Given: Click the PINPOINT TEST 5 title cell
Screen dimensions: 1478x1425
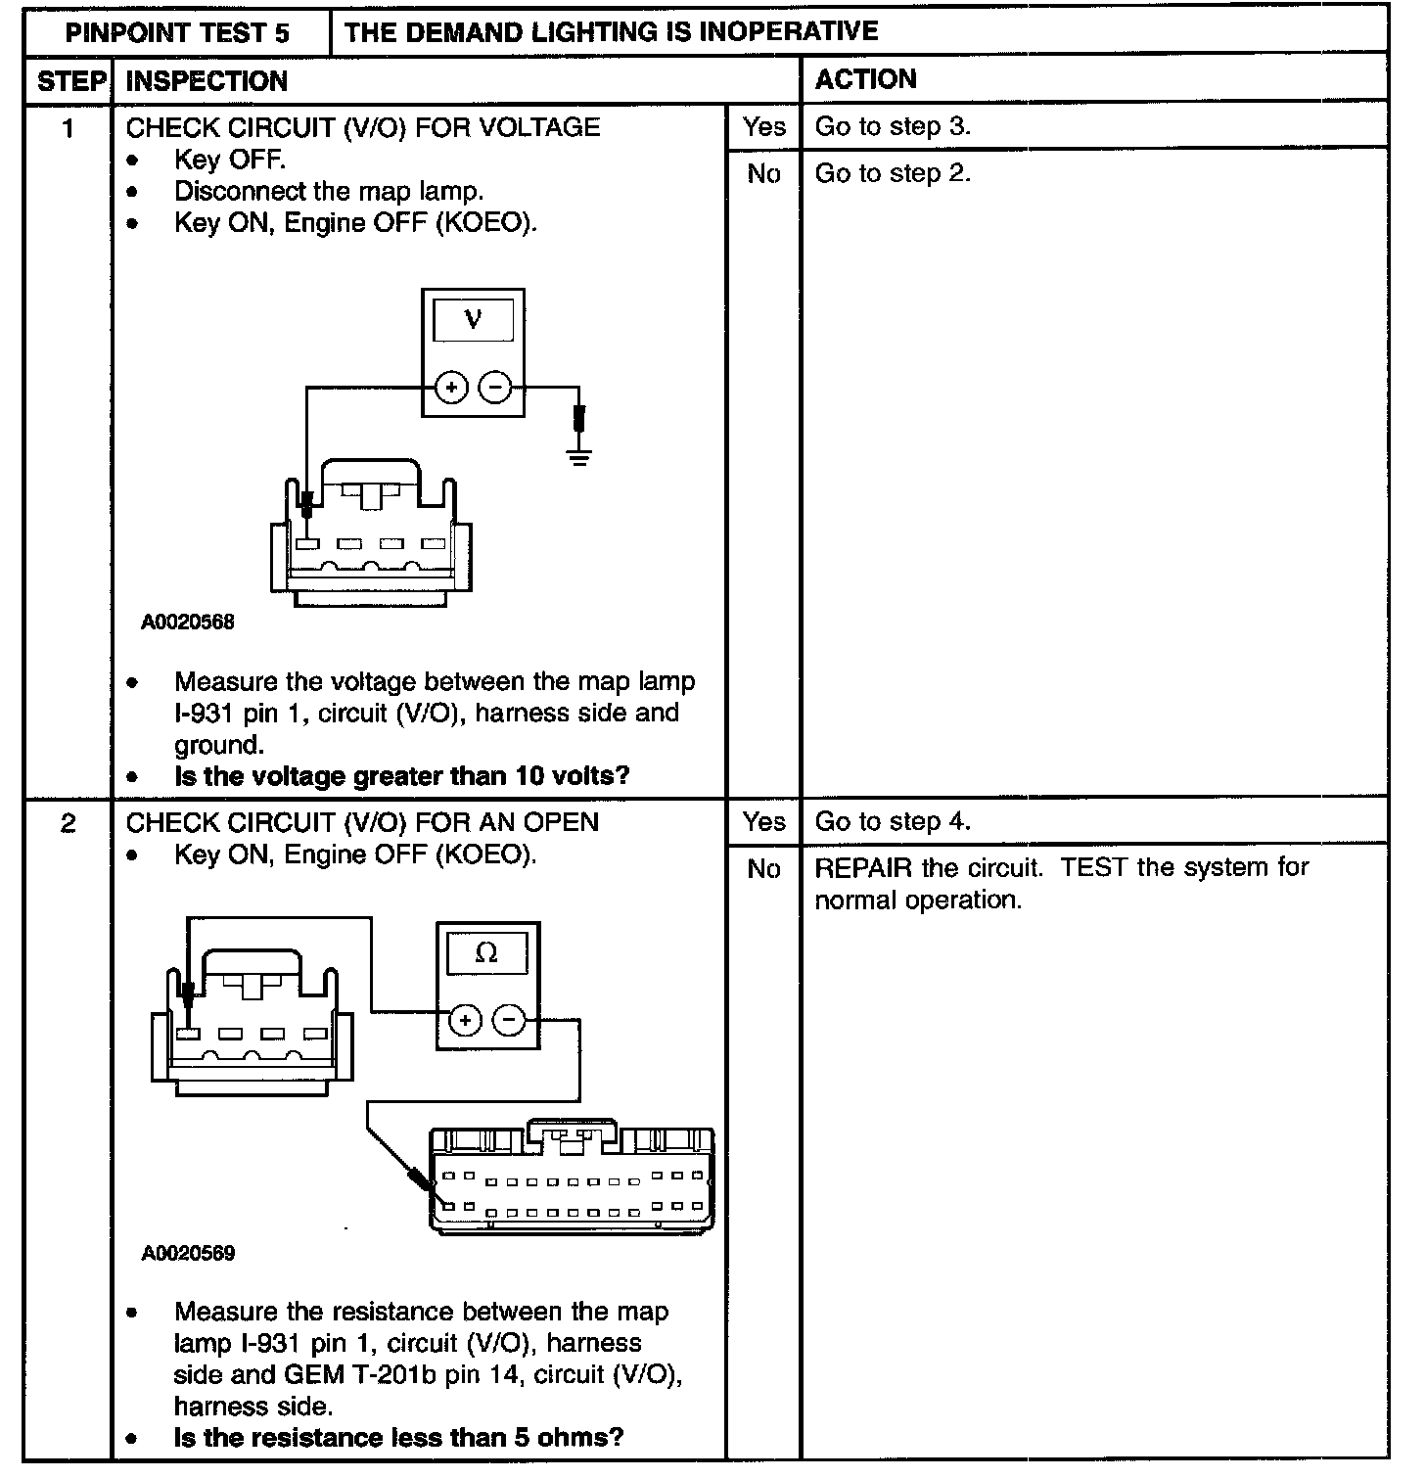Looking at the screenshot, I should (x=177, y=33).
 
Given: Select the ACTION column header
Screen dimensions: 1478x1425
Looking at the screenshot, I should (x=865, y=79).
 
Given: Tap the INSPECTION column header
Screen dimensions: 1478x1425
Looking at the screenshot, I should (x=207, y=81).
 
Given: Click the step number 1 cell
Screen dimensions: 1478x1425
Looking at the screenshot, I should (x=68, y=128).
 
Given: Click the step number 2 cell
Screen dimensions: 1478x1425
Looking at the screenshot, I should (x=68, y=823).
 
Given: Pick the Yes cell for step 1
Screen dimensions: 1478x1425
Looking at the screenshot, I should (x=763, y=127).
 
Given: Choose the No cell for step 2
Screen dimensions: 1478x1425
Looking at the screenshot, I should (x=763, y=869).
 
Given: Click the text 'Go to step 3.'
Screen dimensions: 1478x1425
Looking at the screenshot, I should (x=893, y=127).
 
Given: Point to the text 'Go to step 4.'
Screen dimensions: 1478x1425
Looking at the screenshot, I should (x=893, y=822).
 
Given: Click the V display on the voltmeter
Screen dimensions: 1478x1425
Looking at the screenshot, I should (x=474, y=320).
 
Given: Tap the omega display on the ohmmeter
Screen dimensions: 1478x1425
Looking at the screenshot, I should (x=486, y=952).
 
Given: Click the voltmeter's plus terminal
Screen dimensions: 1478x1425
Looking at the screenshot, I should (x=451, y=388).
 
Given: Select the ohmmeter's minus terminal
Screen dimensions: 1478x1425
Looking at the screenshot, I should (x=509, y=1021).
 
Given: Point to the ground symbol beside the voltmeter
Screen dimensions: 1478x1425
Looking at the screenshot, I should (x=580, y=454).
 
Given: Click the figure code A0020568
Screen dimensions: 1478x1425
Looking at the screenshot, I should (x=188, y=623).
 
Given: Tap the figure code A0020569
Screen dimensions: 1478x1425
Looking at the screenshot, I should (x=188, y=1254).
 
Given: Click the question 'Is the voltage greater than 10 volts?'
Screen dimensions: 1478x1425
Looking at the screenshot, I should (x=401, y=777).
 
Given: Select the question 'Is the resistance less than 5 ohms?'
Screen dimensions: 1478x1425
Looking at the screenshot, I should (x=398, y=1438).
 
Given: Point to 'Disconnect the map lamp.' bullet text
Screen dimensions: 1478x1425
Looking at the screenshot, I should (x=329, y=191).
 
